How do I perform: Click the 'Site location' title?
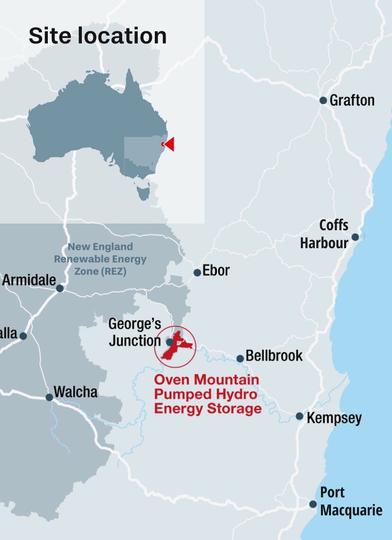[x=98, y=36]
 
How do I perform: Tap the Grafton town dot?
[x=323, y=100]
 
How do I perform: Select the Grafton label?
[x=352, y=100]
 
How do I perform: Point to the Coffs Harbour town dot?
[x=355, y=237]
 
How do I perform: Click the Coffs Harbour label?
[x=325, y=234]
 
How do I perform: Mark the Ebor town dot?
[x=197, y=272]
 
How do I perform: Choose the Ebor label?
[x=216, y=270]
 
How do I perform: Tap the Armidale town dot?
[x=60, y=288]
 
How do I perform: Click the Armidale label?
[x=29, y=280]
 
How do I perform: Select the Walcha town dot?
[x=49, y=397]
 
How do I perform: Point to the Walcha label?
[x=76, y=392]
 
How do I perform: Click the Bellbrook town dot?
[x=240, y=359]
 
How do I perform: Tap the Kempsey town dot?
[x=299, y=416]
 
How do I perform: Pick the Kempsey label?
[x=334, y=418]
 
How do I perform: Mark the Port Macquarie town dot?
[x=313, y=504]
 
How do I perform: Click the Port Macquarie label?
[x=351, y=502]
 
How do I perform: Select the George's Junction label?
[x=134, y=333]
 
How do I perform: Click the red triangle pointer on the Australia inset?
[x=169, y=144]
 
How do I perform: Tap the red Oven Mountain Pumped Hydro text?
[x=207, y=394]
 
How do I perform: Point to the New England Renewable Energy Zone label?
[x=100, y=259]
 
